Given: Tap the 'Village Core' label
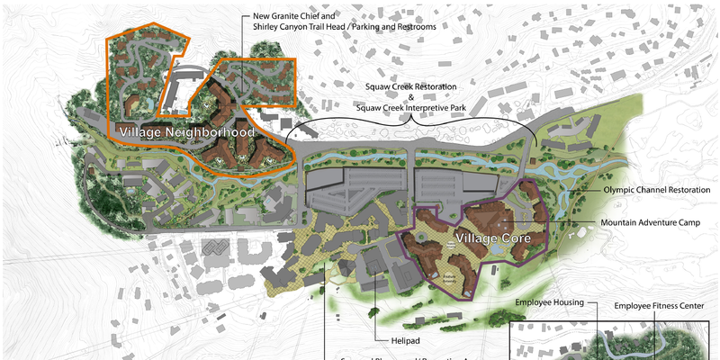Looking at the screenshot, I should [499, 238].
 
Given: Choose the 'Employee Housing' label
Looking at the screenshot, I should [550, 302].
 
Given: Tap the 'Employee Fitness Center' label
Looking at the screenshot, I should [659, 306].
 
